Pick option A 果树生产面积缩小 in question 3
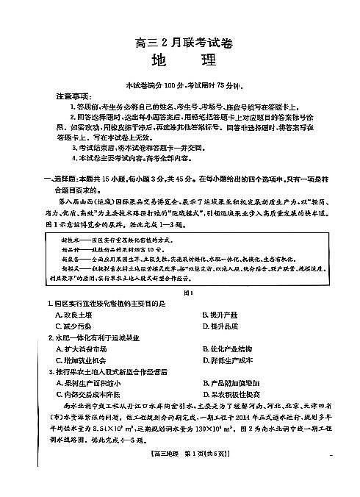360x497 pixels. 88,383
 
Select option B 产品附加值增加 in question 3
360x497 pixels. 231,383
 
